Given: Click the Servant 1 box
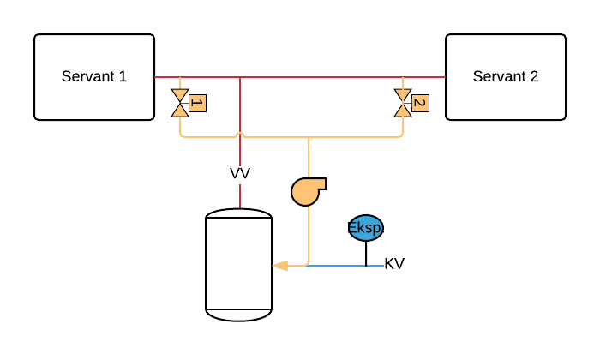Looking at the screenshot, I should click(94, 77).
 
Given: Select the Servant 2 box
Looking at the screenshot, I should click(506, 77).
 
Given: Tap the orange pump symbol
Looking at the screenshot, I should click(305, 191).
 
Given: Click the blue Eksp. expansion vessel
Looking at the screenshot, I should click(366, 227).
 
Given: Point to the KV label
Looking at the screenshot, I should click(394, 264).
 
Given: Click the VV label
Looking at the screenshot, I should click(240, 173).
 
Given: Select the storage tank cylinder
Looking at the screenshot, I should click(239, 265).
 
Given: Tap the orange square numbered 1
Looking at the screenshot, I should click(197, 103).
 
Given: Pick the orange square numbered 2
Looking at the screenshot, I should click(420, 103).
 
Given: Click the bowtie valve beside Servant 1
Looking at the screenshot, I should click(180, 103).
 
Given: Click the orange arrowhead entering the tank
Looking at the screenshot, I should click(279, 266).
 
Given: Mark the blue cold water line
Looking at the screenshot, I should click(343, 266).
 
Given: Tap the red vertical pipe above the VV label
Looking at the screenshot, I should click(240, 111).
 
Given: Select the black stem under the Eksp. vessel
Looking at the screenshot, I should click(366, 253).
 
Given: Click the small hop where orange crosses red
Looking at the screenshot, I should click(240, 135).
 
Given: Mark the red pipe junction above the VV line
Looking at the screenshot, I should click(240, 77).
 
